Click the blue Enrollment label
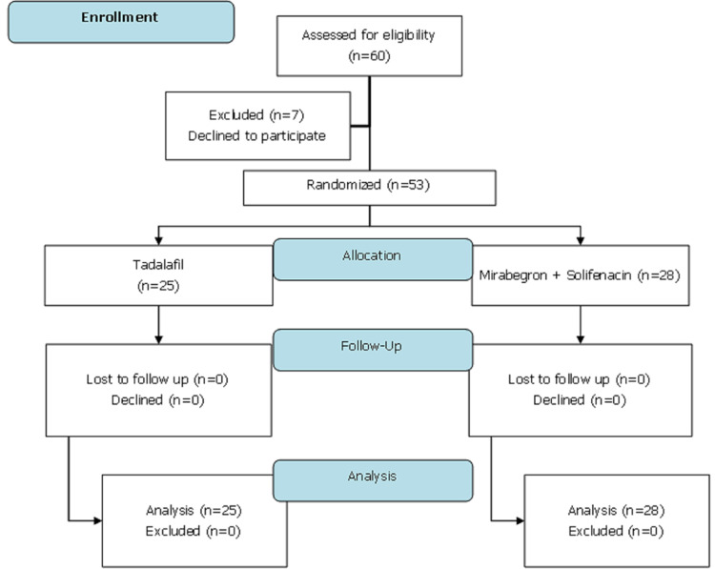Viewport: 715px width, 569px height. click(x=121, y=22)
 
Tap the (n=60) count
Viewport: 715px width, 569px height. click(x=368, y=54)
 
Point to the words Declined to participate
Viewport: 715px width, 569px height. click(x=256, y=135)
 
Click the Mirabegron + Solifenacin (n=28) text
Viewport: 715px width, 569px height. click(x=582, y=275)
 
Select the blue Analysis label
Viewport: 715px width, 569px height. click(x=373, y=474)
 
